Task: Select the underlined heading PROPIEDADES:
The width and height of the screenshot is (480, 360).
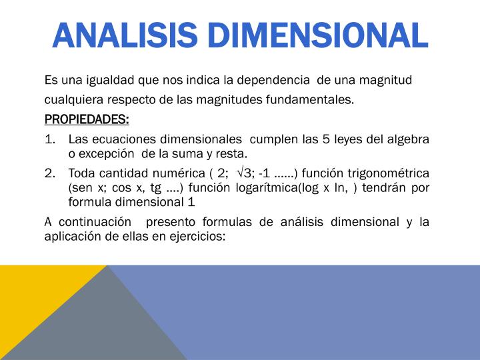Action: pyautogui.click(x=87, y=119)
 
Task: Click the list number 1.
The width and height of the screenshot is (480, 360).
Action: pyautogui.click(x=49, y=139)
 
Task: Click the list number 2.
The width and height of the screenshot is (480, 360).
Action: pyautogui.click(x=49, y=173)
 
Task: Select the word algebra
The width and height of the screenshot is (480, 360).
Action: pyautogui.click(x=407, y=139)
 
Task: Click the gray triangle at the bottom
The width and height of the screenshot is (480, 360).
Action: pyautogui.click(x=100, y=327)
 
